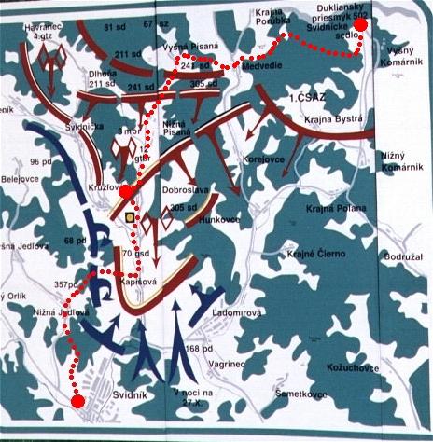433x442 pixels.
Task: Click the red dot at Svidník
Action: (x=77, y=400)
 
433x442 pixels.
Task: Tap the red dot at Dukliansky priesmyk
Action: (x=365, y=24)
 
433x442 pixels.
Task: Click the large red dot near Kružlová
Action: (x=125, y=190)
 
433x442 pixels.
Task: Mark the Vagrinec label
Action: (x=233, y=367)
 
